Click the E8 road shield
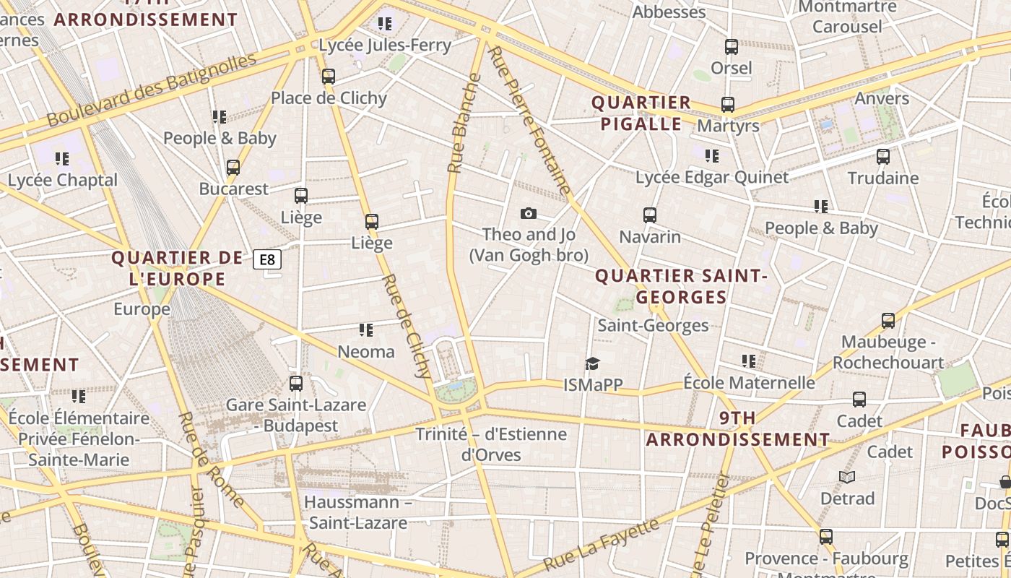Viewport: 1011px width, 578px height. pos(267,259)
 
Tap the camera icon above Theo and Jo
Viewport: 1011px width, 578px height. pos(529,213)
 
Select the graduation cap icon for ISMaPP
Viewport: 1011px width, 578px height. pos(592,363)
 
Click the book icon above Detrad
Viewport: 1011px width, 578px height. pos(847,477)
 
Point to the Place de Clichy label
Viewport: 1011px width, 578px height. pos(329,98)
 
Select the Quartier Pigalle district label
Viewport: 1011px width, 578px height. pos(641,113)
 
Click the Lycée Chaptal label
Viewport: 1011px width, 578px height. pos(63,180)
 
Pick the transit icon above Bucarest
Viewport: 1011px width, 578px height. pos(233,168)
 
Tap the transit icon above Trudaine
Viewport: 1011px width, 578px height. pos(883,157)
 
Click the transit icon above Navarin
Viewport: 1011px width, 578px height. pos(650,215)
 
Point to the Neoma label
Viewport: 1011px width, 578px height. pos(366,352)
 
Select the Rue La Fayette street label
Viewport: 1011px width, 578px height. pos(602,544)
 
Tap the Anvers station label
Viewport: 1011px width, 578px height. pos(882,98)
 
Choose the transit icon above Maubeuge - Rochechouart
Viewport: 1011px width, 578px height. pos(888,320)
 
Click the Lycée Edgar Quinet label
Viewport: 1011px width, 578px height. pos(711,177)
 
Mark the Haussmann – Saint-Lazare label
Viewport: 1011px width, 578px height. pos(357,512)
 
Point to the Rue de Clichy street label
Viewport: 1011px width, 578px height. pos(405,326)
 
